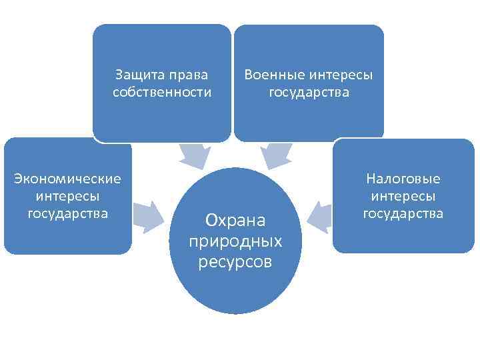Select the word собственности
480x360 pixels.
tap(162, 92)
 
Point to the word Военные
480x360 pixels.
tap(275, 74)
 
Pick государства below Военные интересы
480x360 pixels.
tap(309, 92)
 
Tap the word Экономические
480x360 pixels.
tap(68, 179)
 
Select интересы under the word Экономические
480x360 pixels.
tap(68, 196)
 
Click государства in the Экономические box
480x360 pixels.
tap(68, 213)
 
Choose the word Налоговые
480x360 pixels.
tap(403, 179)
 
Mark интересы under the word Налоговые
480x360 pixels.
tap(403, 196)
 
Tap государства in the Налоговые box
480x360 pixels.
tap(403, 213)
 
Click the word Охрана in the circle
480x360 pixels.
tap(235, 219)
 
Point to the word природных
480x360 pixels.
tap(235, 240)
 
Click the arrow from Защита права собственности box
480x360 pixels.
tap(193, 157)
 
